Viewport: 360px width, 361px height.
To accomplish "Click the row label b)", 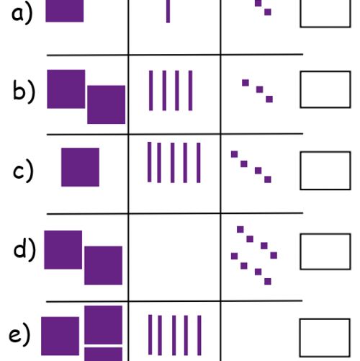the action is pos(24,91).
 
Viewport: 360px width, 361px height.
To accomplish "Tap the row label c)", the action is pos(23,171).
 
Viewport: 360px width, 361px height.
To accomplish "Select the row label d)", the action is pos(24,250).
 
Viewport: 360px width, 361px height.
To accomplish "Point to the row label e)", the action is pos(19,334).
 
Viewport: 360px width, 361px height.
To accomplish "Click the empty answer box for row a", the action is pos(325,14).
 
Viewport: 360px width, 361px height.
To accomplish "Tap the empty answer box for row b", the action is pos(325,89).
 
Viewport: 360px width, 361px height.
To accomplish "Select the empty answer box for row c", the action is pos(325,171).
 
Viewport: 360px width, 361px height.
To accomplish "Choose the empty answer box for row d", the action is pos(325,251).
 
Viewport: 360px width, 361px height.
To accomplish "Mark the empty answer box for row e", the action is pos(325,338).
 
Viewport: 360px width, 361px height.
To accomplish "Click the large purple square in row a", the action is pos(65,11).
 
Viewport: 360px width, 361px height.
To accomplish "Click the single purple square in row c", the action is pos(80,167).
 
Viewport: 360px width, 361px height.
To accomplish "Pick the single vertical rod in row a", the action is pos(168,12).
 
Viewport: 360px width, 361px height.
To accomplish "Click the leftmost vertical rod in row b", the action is pos(150,91).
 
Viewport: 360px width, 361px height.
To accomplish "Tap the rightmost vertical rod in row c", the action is pos(199,163).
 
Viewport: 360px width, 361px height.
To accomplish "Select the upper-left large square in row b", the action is pos(66,89).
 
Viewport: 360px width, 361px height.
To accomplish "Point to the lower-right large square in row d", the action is pos(103,265).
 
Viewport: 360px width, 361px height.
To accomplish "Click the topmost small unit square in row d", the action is pos(240,229).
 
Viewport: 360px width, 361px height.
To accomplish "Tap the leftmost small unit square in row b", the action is pos(246,83).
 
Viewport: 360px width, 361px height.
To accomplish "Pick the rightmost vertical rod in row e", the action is pos(199,335).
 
